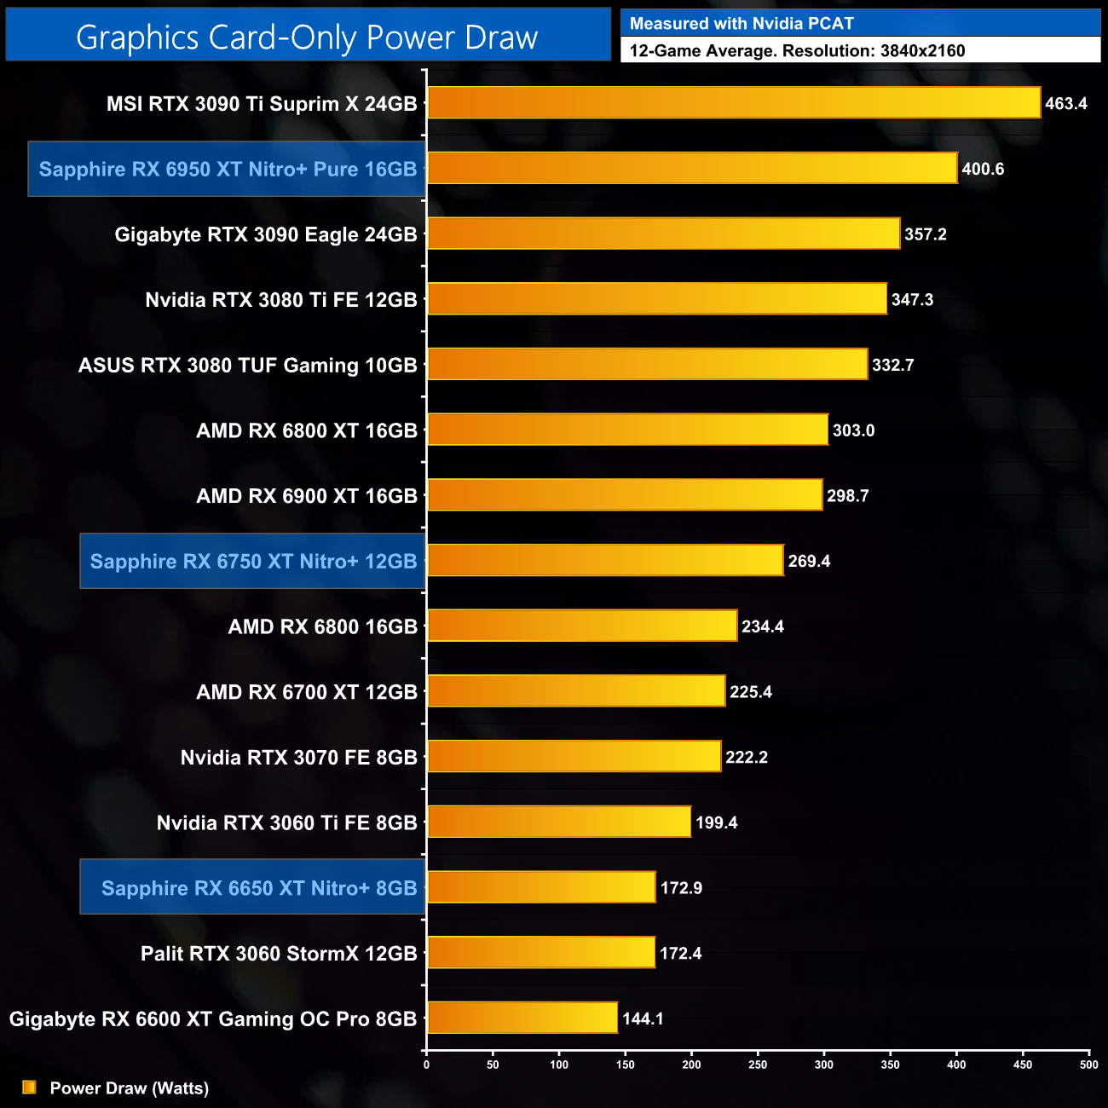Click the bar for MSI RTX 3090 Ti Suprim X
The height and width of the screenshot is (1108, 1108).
[733, 103]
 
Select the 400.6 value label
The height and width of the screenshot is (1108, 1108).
[983, 169]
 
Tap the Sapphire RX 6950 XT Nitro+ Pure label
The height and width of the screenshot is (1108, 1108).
[228, 169]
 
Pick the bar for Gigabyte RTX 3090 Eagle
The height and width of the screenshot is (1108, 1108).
[663, 234]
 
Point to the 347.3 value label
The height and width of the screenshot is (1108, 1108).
[912, 300]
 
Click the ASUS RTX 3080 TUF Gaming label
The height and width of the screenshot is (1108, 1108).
[247, 366]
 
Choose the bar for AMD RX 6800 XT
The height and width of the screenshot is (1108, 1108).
[627, 430]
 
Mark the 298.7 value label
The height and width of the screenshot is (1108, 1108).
[847, 496]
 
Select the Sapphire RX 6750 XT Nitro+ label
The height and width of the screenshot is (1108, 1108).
[253, 561]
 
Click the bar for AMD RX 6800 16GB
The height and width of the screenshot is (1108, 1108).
[581, 626]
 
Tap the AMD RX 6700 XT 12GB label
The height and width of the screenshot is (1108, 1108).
[306, 692]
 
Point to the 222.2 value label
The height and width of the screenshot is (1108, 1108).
[746, 758]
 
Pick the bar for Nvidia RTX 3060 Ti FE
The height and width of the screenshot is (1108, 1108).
[558, 822]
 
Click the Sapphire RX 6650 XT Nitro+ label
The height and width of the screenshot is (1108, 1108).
[258, 888]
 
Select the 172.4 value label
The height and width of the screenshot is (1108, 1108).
[680, 954]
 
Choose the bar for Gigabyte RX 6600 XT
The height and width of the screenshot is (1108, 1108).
[522, 1018]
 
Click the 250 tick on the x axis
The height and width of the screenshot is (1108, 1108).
[758, 1065]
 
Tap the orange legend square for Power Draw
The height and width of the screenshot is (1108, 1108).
[29, 1087]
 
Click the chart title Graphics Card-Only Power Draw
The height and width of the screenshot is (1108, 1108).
[307, 38]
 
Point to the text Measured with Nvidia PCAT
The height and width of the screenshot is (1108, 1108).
[742, 24]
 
